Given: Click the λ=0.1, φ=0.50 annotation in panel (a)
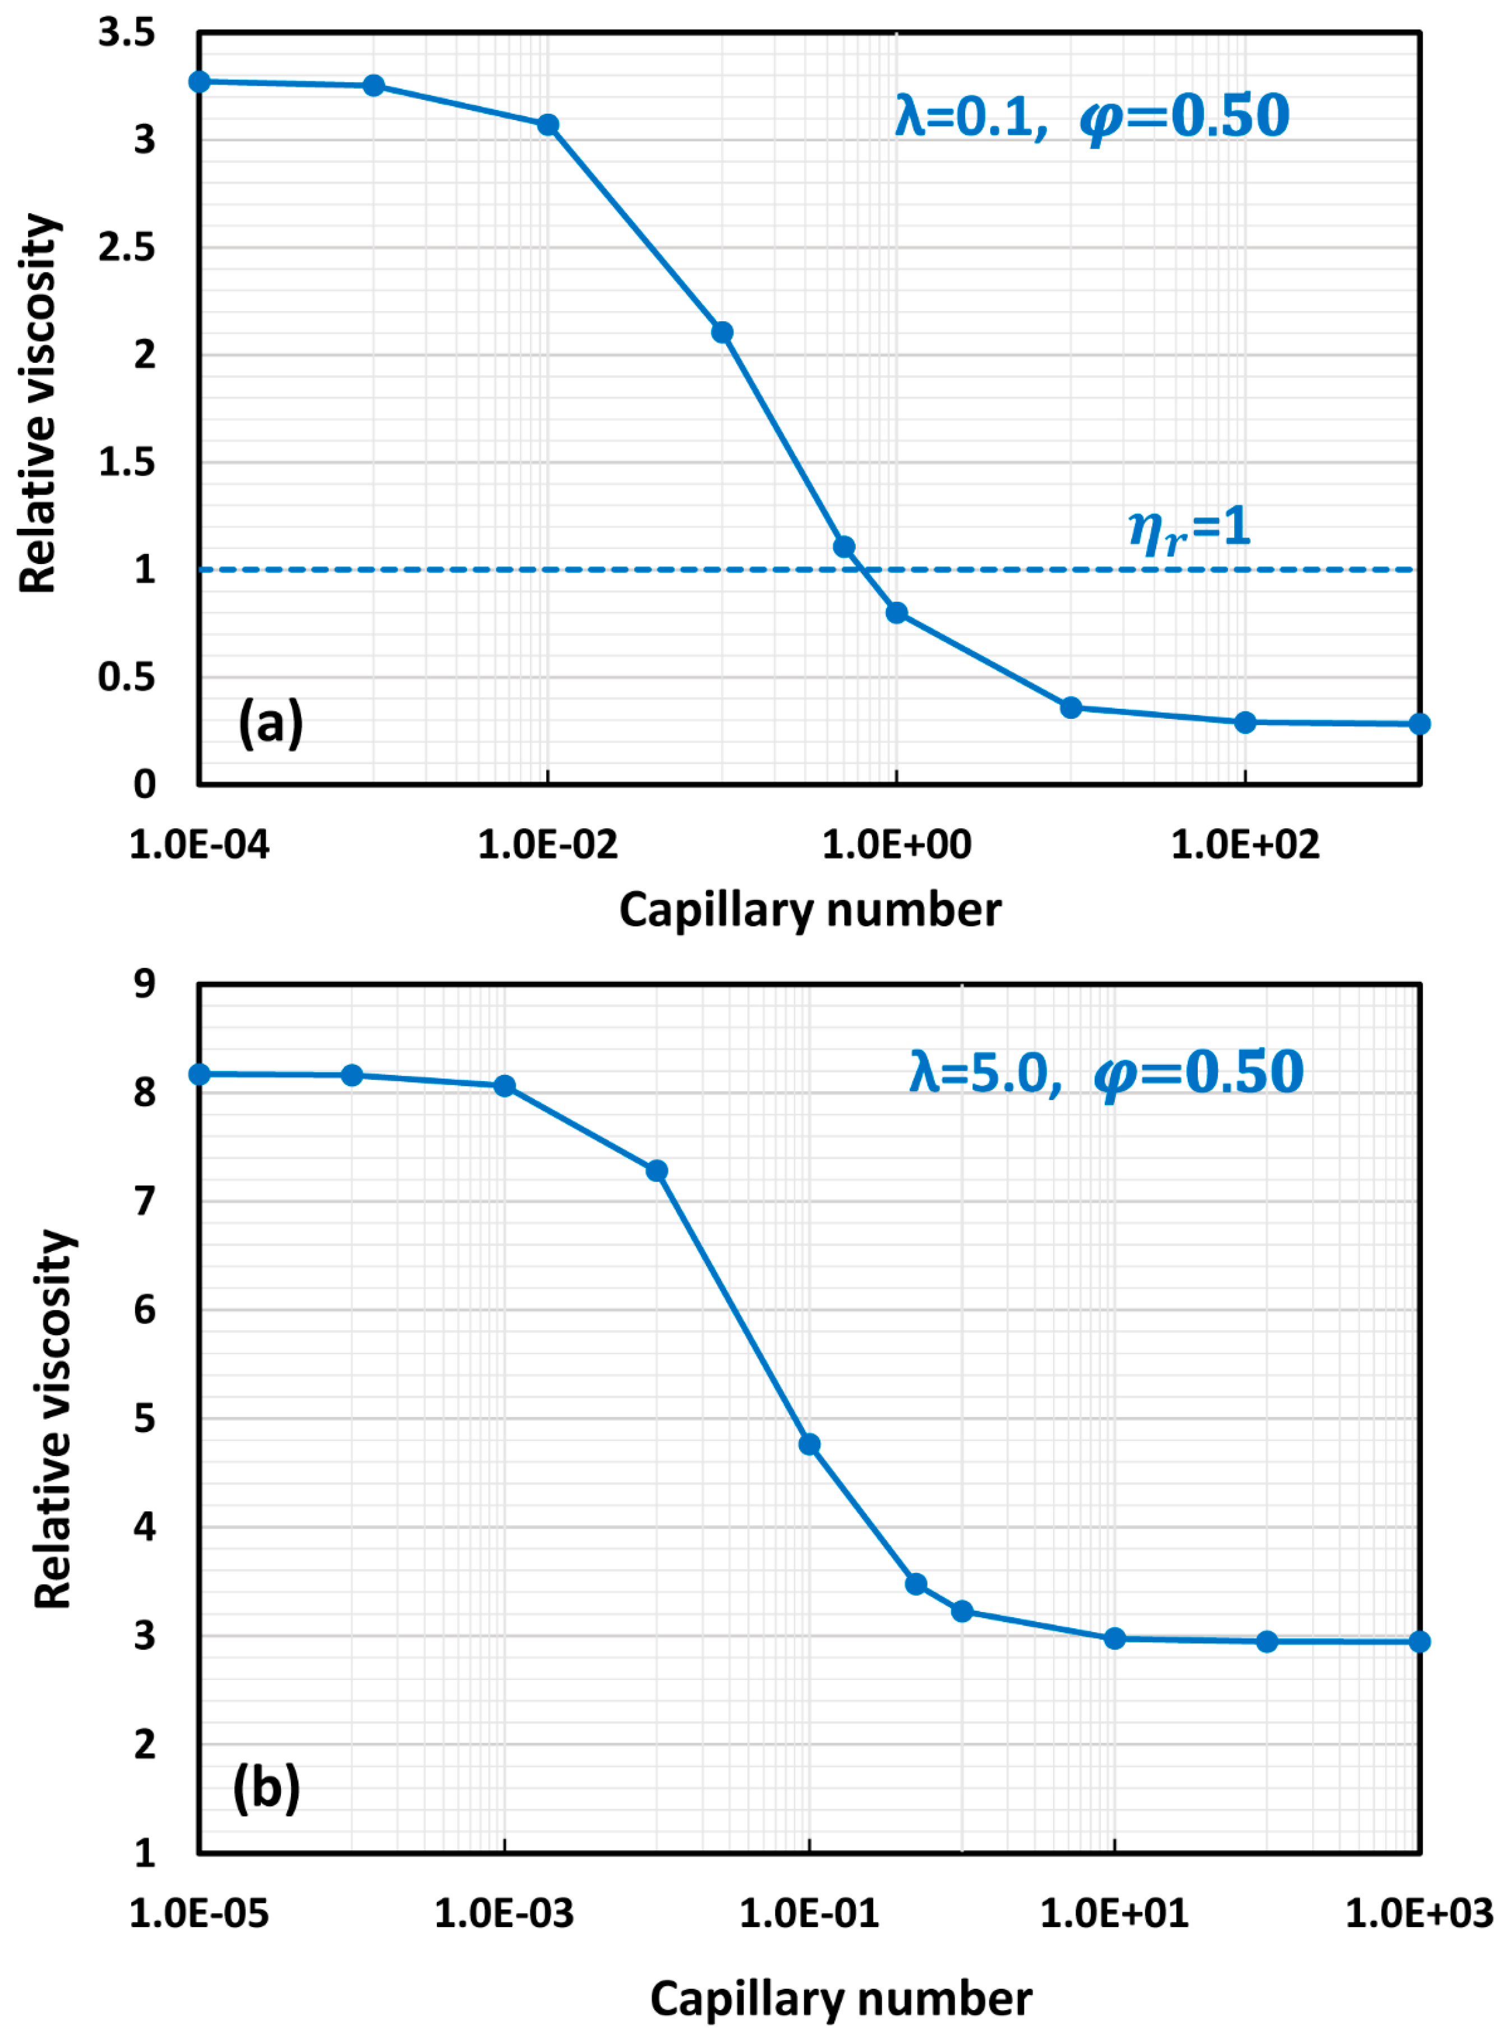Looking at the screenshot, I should [1092, 117].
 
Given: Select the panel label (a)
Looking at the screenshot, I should [270, 723].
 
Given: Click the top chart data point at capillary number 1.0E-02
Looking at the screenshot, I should [548, 125].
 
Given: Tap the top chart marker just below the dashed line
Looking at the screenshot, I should [897, 613].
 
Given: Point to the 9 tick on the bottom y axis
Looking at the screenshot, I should [144, 985].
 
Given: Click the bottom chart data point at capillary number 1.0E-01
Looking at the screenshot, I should [809, 1445].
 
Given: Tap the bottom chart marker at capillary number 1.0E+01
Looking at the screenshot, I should [1114, 1638].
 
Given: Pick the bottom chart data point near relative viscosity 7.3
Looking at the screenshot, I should [657, 1171].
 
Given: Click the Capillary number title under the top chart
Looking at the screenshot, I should [810, 911].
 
